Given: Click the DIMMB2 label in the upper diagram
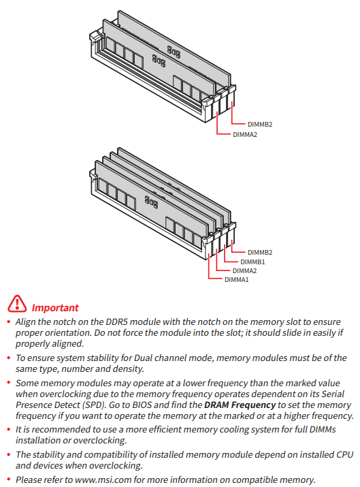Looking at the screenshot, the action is pyautogui.click(x=260, y=124).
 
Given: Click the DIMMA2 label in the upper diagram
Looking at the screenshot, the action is pyautogui.click(x=245, y=134).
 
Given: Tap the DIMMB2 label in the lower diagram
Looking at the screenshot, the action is pyautogui.click(x=260, y=252).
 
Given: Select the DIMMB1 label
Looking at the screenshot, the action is pyautogui.click(x=252, y=262).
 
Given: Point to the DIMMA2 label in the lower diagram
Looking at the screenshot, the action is pyautogui.click(x=244, y=270).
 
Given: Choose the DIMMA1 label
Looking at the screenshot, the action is pyautogui.click(x=236, y=279).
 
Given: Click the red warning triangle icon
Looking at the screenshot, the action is pyautogui.click(x=17, y=304).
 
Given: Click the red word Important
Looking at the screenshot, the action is pyautogui.click(x=55, y=307).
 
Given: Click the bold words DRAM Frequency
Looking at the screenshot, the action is pyautogui.click(x=240, y=405).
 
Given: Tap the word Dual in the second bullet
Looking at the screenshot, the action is pyautogui.click(x=143, y=358).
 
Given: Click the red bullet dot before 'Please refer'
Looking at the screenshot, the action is pyautogui.click(x=9, y=480).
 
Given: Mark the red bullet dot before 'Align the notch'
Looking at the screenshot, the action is pyautogui.click(x=9, y=321).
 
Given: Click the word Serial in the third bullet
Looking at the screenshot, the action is pyautogui.click(x=332, y=394).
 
